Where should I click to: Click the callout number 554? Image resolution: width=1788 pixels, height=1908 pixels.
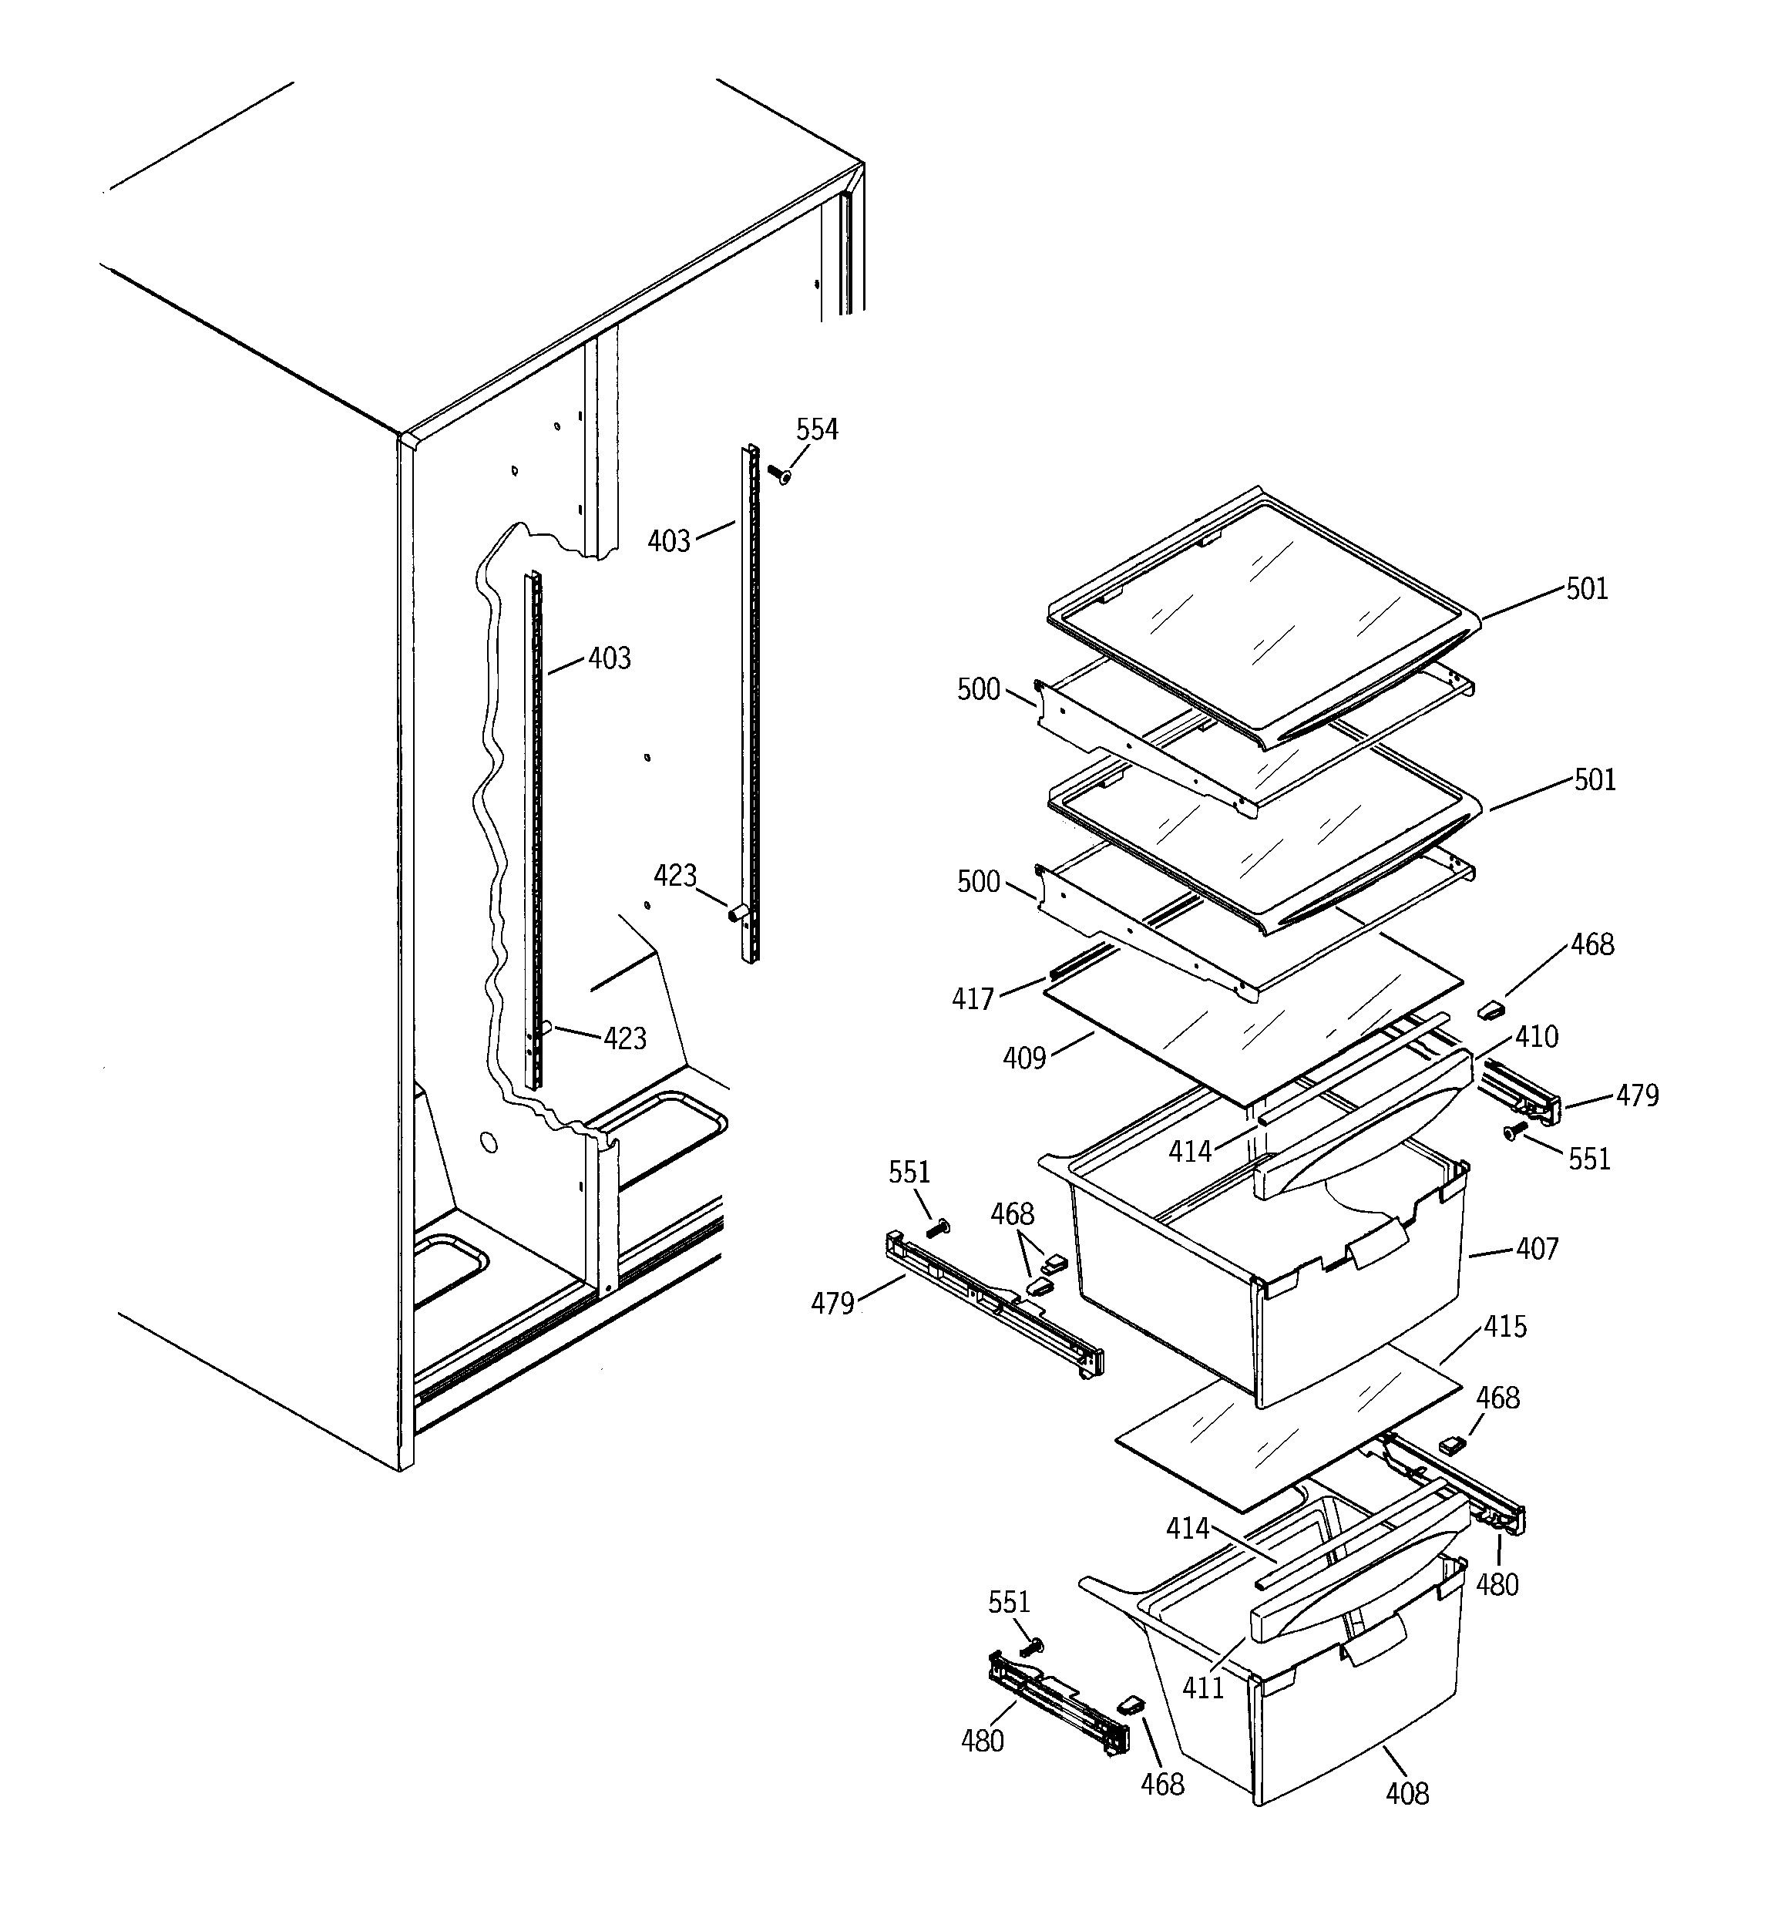click(x=817, y=430)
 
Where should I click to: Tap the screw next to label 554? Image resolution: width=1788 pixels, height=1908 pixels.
click(x=778, y=474)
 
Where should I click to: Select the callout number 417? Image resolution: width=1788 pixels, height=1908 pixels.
click(x=972, y=999)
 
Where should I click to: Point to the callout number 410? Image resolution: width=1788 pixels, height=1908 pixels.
click(x=1537, y=1037)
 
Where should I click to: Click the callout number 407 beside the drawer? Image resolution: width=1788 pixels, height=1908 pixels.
click(x=1537, y=1249)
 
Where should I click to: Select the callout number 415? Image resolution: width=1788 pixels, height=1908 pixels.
click(x=1505, y=1327)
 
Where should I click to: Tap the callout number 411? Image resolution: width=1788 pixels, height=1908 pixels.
click(x=1202, y=1688)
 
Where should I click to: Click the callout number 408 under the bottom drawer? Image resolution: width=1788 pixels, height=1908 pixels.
click(x=1407, y=1793)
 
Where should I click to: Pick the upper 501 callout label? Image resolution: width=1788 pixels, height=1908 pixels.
click(x=1586, y=588)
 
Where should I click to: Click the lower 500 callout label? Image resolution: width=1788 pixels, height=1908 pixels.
click(x=978, y=881)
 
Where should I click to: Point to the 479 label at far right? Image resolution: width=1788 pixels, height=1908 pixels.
click(x=1637, y=1095)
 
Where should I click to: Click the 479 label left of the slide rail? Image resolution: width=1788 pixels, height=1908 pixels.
click(x=832, y=1304)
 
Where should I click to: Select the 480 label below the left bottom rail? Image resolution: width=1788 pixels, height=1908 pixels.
click(x=982, y=1740)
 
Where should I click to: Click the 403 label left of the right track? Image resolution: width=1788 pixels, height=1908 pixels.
click(x=668, y=541)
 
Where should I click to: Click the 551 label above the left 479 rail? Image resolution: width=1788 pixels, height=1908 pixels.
click(x=908, y=1172)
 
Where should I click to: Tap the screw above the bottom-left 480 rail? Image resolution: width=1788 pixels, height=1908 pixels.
click(x=1030, y=1648)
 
